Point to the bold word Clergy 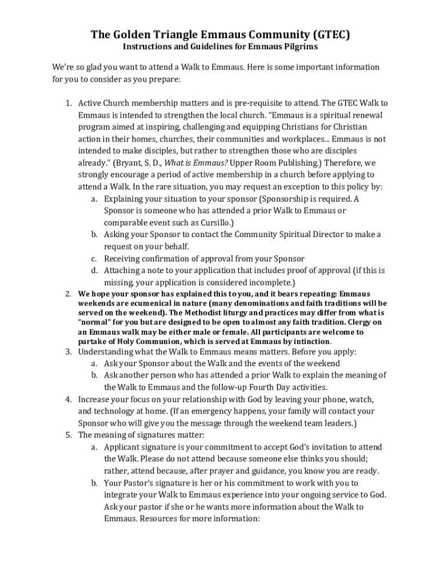point(358,322)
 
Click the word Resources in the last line point(156,519)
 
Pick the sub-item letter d point(94,270)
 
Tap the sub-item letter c point(94,258)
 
